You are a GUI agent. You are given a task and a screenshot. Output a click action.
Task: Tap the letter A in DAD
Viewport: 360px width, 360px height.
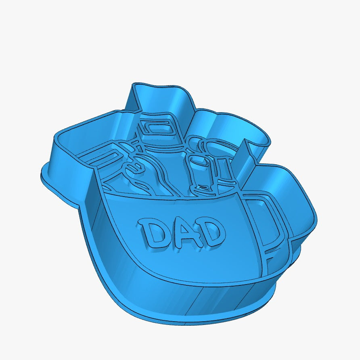(x=182, y=233)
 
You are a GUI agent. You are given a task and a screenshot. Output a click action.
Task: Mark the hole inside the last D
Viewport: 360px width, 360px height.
(x=211, y=233)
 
